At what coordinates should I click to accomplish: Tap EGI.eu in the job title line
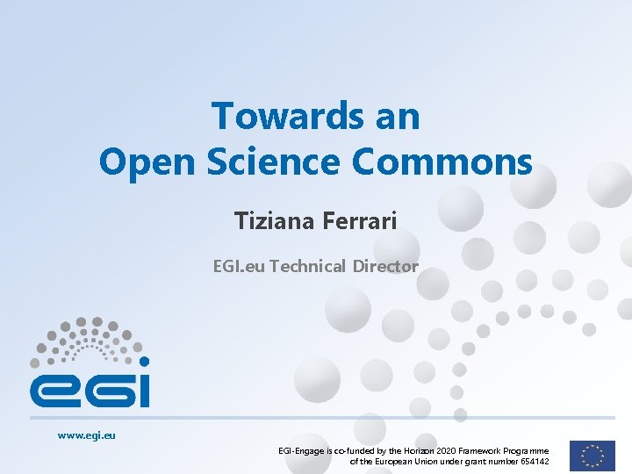coord(239,266)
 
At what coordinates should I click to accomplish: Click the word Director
coord(385,266)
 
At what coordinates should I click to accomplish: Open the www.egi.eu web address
coord(87,434)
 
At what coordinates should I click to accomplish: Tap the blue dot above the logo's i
coord(144,361)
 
